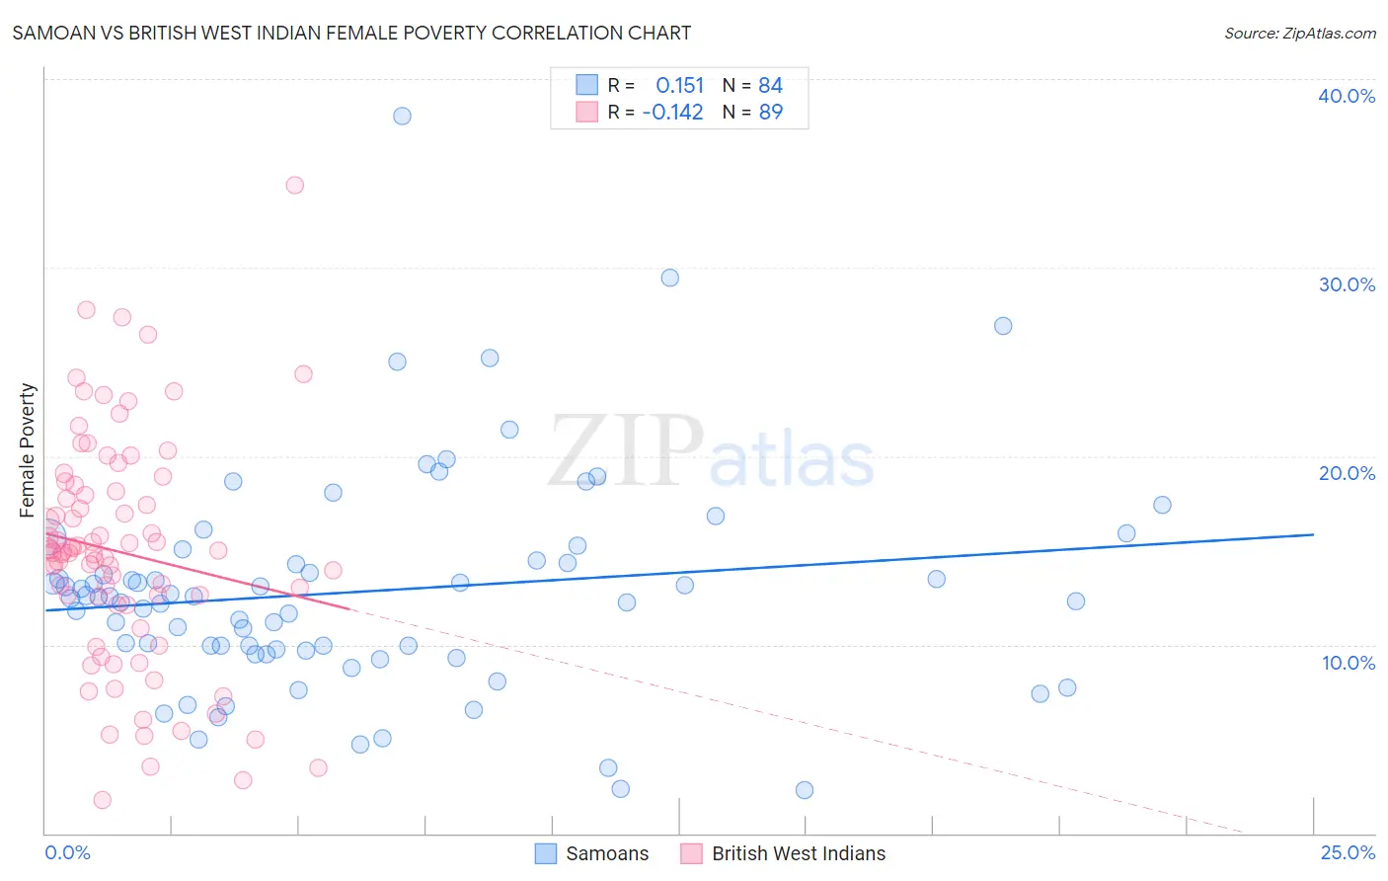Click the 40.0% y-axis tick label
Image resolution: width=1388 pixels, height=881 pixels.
click(x=1347, y=96)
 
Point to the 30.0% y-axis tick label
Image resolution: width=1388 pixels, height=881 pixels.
click(x=1347, y=284)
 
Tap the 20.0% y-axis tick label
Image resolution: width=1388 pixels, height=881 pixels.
click(x=1347, y=473)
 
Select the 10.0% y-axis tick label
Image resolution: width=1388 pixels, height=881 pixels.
click(x=1349, y=663)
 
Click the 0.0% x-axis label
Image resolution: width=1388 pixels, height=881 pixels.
click(x=67, y=852)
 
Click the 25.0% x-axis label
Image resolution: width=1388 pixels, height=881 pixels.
click(x=1348, y=852)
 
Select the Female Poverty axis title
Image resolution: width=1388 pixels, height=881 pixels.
click(x=27, y=450)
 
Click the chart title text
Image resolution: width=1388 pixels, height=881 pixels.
click(x=351, y=33)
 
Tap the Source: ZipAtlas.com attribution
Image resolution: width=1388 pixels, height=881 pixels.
click(x=1299, y=33)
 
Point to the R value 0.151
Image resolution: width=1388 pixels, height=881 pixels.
click(x=679, y=86)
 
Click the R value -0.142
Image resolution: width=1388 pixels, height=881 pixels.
click(x=672, y=112)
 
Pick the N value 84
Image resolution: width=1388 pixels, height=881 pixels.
click(x=770, y=86)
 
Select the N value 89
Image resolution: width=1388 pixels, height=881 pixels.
click(x=770, y=112)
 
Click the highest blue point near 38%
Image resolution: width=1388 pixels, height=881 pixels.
click(x=402, y=116)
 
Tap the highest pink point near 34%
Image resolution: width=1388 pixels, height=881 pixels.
click(x=294, y=185)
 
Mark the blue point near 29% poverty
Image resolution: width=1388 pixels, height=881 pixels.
click(x=669, y=278)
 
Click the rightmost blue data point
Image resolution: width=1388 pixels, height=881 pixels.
click(x=1162, y=505)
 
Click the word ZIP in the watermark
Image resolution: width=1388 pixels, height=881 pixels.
click(x=626, y=451)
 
